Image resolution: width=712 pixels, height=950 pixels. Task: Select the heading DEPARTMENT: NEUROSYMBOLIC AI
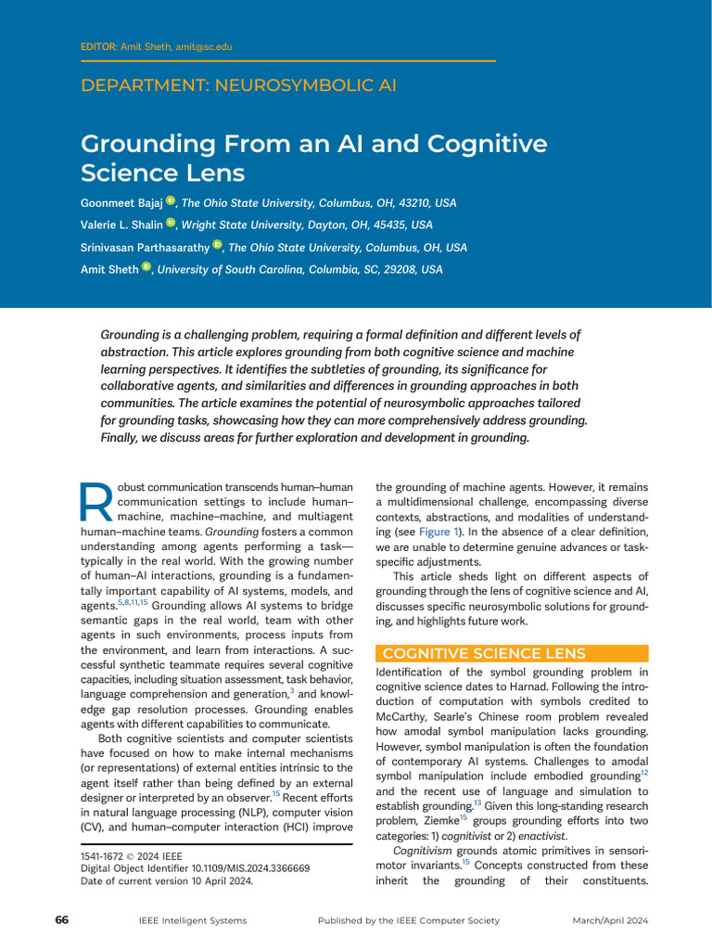coord(238,85)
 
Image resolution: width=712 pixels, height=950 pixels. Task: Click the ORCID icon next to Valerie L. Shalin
coord(171,224)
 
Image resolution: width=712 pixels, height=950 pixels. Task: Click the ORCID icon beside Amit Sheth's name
coord(146,268)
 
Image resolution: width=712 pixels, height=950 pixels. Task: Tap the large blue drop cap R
coord(96,501)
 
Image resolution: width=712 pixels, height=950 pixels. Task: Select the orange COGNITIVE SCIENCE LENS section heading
coord(484,653)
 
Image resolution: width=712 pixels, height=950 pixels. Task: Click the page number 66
coord(62,919)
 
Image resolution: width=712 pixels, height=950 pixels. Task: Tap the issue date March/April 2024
coord(609,920)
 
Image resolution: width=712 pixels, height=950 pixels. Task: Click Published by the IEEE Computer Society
coord(408,920)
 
